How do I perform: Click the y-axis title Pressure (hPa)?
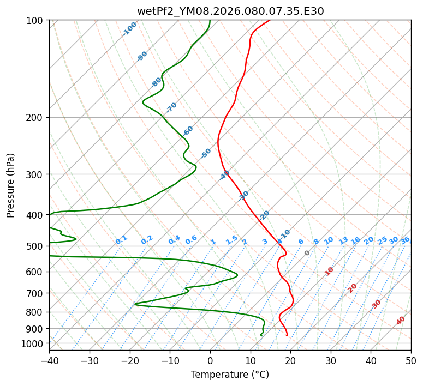pos(10,185)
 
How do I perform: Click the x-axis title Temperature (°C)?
pos(230,375)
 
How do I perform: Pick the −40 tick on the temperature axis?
pos(49,360)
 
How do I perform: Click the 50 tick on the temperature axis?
pos(411,360)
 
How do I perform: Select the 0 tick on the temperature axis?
pos(210,360)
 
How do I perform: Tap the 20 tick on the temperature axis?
pos(290,360)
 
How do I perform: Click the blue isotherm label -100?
pos(129,28)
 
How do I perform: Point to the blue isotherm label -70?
pos(171,107)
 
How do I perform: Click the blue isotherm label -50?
pos(206,153)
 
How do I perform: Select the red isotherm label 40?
pos(401,321)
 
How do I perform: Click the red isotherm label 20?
pos(353,287)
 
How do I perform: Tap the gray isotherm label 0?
pos(307,253)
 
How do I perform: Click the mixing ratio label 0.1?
pos(121,239)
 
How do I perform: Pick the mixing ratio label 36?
pos(405,240)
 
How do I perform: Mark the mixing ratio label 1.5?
pos(231,239)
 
